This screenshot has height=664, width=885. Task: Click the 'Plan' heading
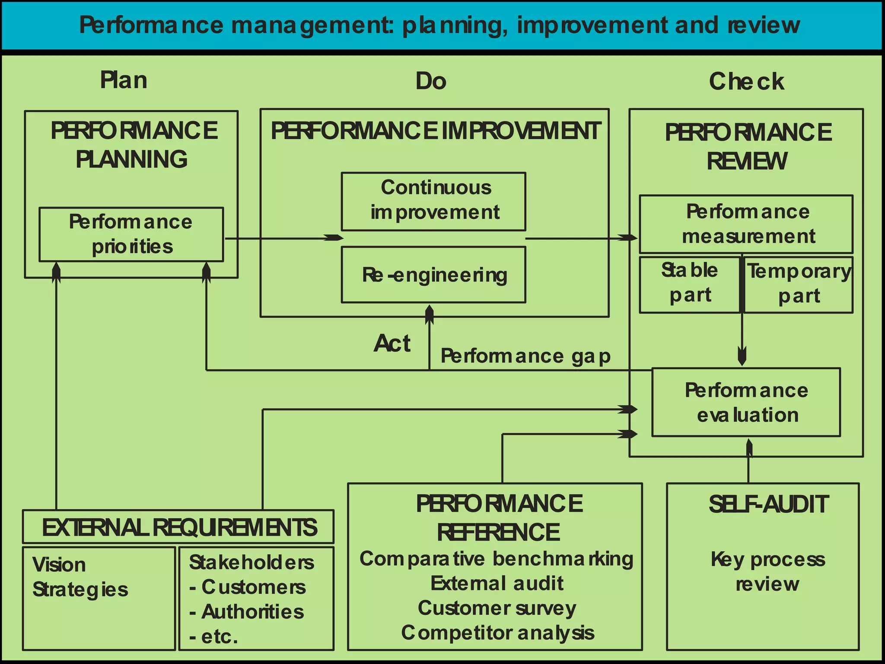pyautogui.click(x=124, y=80)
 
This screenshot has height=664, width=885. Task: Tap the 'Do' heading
pyautogui.click(x=430, y=81)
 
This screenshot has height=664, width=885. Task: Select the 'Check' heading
pyautogui.click(x=746, y=82)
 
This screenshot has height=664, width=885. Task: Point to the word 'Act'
pyautogui.click(x=392, y=344)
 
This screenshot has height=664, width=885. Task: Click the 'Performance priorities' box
pyautogui.click(x=131, y=234)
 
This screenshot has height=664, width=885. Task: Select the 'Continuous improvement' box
pyautogui.click(x=433, y=201)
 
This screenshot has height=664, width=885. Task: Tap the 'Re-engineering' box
pyautogui.click(x=433, y=275)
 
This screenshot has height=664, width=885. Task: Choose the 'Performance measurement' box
pyautogui.click(x=746, y=224)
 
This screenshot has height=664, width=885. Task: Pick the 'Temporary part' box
pyautogui.click(x=799, y=284)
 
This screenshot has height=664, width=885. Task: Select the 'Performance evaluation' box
pyautogui.click(x=746, y=402)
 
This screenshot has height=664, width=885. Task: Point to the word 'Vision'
pyautogui.click(x=59, y=565)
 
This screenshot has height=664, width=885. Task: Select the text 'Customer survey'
pyautogui.click(x=497, y=608)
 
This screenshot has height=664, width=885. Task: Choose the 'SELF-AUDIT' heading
pyautogui.click(x=768, y=504)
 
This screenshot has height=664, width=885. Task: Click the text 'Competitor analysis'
pyautogui.click(x=497, y=633)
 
